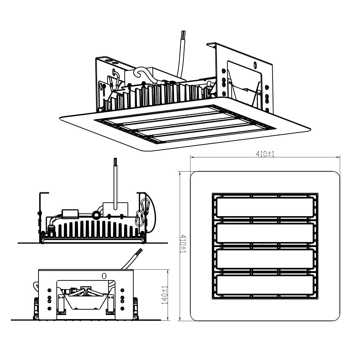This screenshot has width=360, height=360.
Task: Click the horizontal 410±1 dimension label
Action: [265, 154]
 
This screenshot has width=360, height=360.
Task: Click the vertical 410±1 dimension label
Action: [183, 244]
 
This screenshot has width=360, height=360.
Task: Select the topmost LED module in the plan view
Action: [265, 207]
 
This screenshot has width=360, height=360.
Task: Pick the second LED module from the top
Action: [265, 233]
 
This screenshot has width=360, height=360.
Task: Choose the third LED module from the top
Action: [265, 259]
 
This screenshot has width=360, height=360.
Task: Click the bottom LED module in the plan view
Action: [265, 285]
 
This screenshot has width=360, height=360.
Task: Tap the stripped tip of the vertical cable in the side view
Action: [115, 160]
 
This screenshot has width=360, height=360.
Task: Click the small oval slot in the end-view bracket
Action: [104, 276]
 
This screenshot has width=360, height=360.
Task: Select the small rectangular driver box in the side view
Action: [70, 214]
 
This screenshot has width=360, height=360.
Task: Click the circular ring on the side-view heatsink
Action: [96, 215]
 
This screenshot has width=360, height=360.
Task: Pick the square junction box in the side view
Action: [115, 209]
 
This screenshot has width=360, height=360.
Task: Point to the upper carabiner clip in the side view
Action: [146, 205]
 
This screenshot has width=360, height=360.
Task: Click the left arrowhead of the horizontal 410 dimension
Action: [191, 157]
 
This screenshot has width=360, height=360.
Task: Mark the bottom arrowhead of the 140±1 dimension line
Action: [168, 319]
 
